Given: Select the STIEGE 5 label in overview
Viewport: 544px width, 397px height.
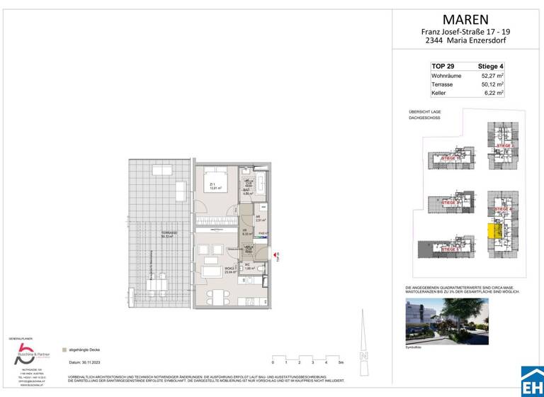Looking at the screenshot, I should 450,250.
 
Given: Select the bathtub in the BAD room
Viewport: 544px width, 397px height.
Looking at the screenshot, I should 261,184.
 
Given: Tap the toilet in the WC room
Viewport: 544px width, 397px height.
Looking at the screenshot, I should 260,269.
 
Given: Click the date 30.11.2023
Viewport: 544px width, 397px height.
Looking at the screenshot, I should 92,362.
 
